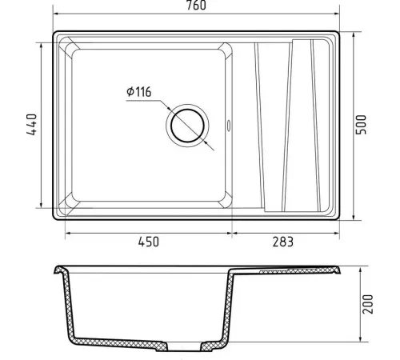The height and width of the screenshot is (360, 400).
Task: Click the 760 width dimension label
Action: click(196, 5)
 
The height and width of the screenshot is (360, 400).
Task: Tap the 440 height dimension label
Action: click(32, 125)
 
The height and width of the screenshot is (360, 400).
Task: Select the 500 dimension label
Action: click(362, 125)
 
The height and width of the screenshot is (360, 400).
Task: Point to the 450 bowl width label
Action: click(149, 242)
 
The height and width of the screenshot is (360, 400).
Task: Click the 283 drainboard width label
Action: click(283, 242)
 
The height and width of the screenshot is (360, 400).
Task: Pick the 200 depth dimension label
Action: click(368, 304)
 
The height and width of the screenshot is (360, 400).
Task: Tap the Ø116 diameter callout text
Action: click(138, 92)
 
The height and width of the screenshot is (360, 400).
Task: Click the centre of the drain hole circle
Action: click(187, 126)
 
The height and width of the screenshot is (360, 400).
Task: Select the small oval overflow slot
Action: click(229, 126)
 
